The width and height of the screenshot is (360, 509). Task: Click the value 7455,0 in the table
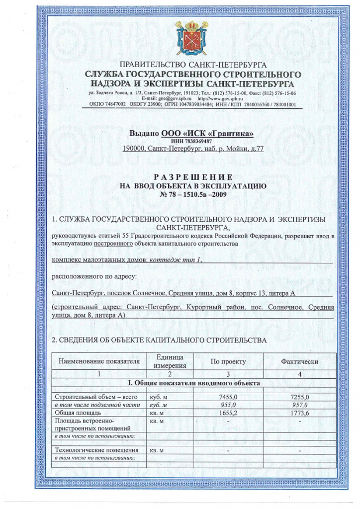click(228, 397)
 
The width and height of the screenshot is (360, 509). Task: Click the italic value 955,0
click(228, 405)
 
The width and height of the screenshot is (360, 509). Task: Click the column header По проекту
click(228, 362)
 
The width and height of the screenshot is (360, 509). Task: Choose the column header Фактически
click(299, 362)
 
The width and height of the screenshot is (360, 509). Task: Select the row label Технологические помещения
click(95, 450)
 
